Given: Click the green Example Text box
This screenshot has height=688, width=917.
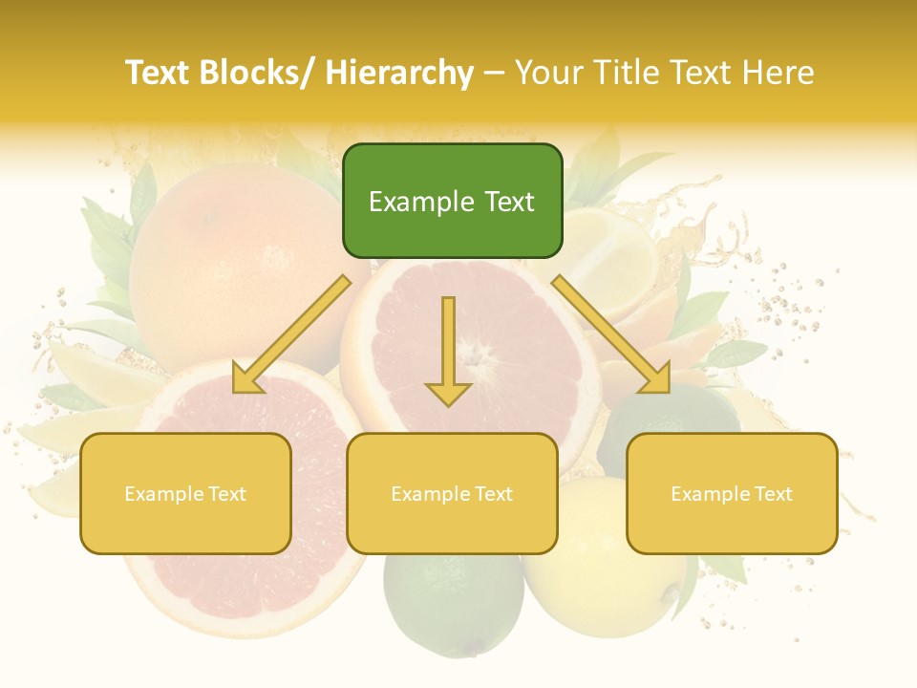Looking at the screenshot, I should click(x=452, y=201).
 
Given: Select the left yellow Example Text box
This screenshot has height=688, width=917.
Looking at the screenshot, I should click(x=185, y=493).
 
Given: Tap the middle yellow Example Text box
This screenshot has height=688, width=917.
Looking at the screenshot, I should click(x=452, y=493).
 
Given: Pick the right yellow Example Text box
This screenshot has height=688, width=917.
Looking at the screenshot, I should click(x=732, y=493).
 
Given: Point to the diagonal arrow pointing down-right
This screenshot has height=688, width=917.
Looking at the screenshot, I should click(x=611, y=334).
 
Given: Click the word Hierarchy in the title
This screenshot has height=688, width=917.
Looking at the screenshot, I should click(x=399, y=74).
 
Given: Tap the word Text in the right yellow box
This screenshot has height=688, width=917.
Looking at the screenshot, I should click(x=773, y=493).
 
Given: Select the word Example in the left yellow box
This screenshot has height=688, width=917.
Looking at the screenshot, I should click(x=163, y=494).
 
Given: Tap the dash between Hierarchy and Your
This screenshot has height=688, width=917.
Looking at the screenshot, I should click(x=494, y=74).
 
